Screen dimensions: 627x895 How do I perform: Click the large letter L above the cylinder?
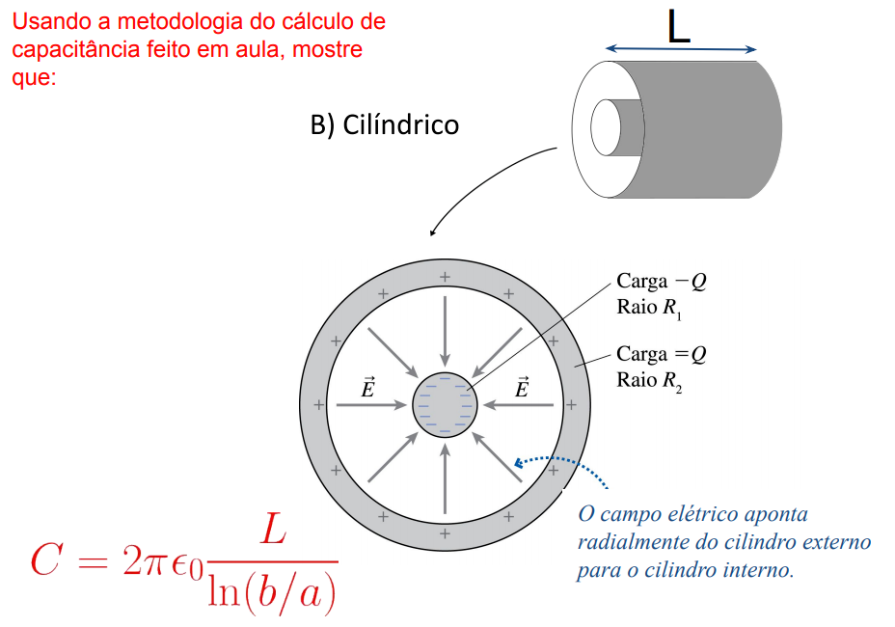coord(679,26)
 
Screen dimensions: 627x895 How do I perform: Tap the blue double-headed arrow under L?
coord(681,50)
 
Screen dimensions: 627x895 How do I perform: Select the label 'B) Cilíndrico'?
coord(385,125)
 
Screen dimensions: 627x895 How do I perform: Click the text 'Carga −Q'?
coord(662,281)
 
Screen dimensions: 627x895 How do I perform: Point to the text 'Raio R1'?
coord(653,308)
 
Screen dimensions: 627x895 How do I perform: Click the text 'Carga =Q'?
coord(662,354)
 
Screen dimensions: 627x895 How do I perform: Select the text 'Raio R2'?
coord(653,380)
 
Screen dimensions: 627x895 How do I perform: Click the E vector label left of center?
coord(367,388)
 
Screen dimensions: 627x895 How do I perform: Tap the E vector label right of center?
coord(523,388)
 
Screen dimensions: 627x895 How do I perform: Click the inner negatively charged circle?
coord(444,405)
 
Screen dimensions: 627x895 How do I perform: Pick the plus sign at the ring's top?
coord(445,278)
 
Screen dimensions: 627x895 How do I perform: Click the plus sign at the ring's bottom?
coord(445,532)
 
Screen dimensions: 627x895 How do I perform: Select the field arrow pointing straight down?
coord(444,328)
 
